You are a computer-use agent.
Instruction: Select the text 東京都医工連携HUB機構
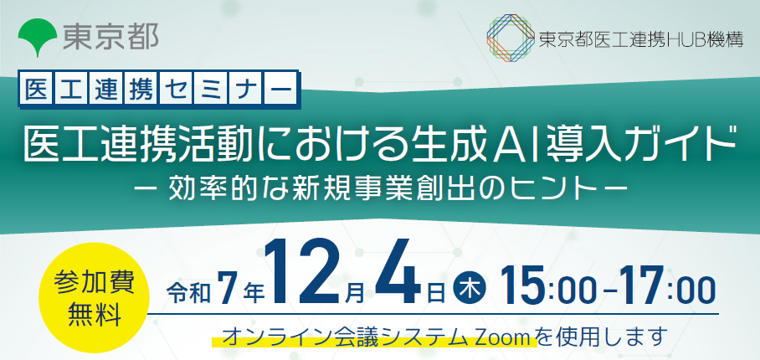click(x=641, y=39)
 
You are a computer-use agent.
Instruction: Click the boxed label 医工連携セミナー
click(x=158, y=90)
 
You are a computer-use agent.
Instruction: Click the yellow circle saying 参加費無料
click(x=95, y=296)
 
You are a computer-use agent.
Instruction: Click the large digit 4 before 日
click(x=398, y=273)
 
